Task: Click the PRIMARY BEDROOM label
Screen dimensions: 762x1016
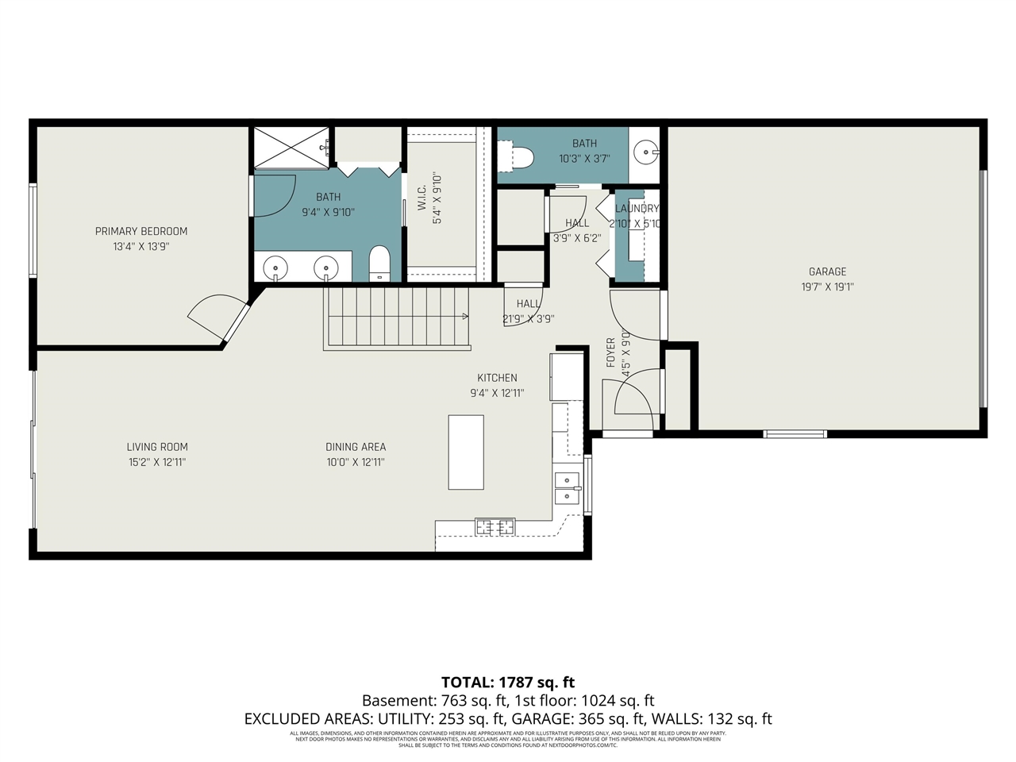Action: [x=141, y=231]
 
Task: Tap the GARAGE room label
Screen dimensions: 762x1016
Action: [x=827, y=271]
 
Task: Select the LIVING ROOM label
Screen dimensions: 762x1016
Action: [x=157, y=447]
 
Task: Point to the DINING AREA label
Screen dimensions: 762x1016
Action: [x=356, y=447]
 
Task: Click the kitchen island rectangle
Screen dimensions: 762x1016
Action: [x=466, y=452]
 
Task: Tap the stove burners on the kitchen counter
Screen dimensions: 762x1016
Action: [x=495, y=526]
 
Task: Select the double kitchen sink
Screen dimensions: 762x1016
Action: [x=567, y=487]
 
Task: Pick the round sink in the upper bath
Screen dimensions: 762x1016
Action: [x=648, y=151]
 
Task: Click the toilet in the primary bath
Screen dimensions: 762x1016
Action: [x=379, y=263]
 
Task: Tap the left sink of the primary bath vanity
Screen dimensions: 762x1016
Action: [x=275, y=268]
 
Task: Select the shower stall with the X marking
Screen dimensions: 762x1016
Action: [x=291, y=147]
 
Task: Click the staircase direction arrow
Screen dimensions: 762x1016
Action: [x=464, y=317]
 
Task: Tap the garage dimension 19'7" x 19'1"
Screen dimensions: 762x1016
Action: [x=827, y=287]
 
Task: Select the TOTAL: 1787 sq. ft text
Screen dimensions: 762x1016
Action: [x=508, y=682]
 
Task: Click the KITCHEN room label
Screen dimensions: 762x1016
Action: [x=497, y=378]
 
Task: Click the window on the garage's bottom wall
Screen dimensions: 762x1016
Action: [x=795, y=434]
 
